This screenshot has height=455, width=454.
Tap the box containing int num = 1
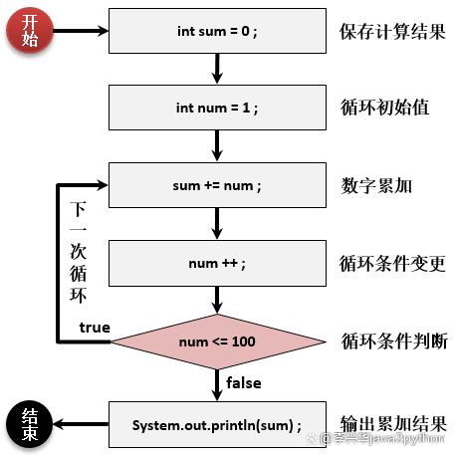coord(215,107)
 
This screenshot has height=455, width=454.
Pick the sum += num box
coord(215,185)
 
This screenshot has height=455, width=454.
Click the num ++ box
coord(215,263)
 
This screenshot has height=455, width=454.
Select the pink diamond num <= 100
coord(215,341)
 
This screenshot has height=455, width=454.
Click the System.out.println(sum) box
coord(215,425)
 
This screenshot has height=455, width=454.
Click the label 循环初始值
coord(384,107)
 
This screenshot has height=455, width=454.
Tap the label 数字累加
coord(375,185)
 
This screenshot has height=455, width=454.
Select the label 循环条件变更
coord(389,263)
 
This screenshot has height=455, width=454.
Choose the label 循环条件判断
coord(394,341)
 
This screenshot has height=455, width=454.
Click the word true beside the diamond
coord(95,328)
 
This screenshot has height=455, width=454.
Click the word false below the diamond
coord(244,382)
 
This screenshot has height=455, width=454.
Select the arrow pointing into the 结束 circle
coord(80,425)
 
